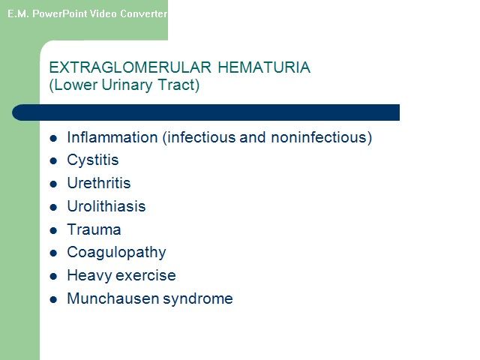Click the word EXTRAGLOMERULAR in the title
pos(130,67)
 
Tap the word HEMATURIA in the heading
pos(264,67)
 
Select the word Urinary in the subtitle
pos(127,85)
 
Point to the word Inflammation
pos(112,137)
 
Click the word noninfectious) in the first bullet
pos(322,137)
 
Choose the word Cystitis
pos(93,160)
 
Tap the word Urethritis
pos(99,183)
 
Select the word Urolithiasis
pos(106,206)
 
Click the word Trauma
pos(94,229)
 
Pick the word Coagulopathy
pos(117,253)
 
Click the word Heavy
pos(90,275)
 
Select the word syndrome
pos(198,299)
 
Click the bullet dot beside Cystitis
pos(53,161)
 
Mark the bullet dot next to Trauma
pos(53,230)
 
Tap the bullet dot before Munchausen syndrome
pos(53,299)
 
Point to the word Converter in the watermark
pos(143,13)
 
